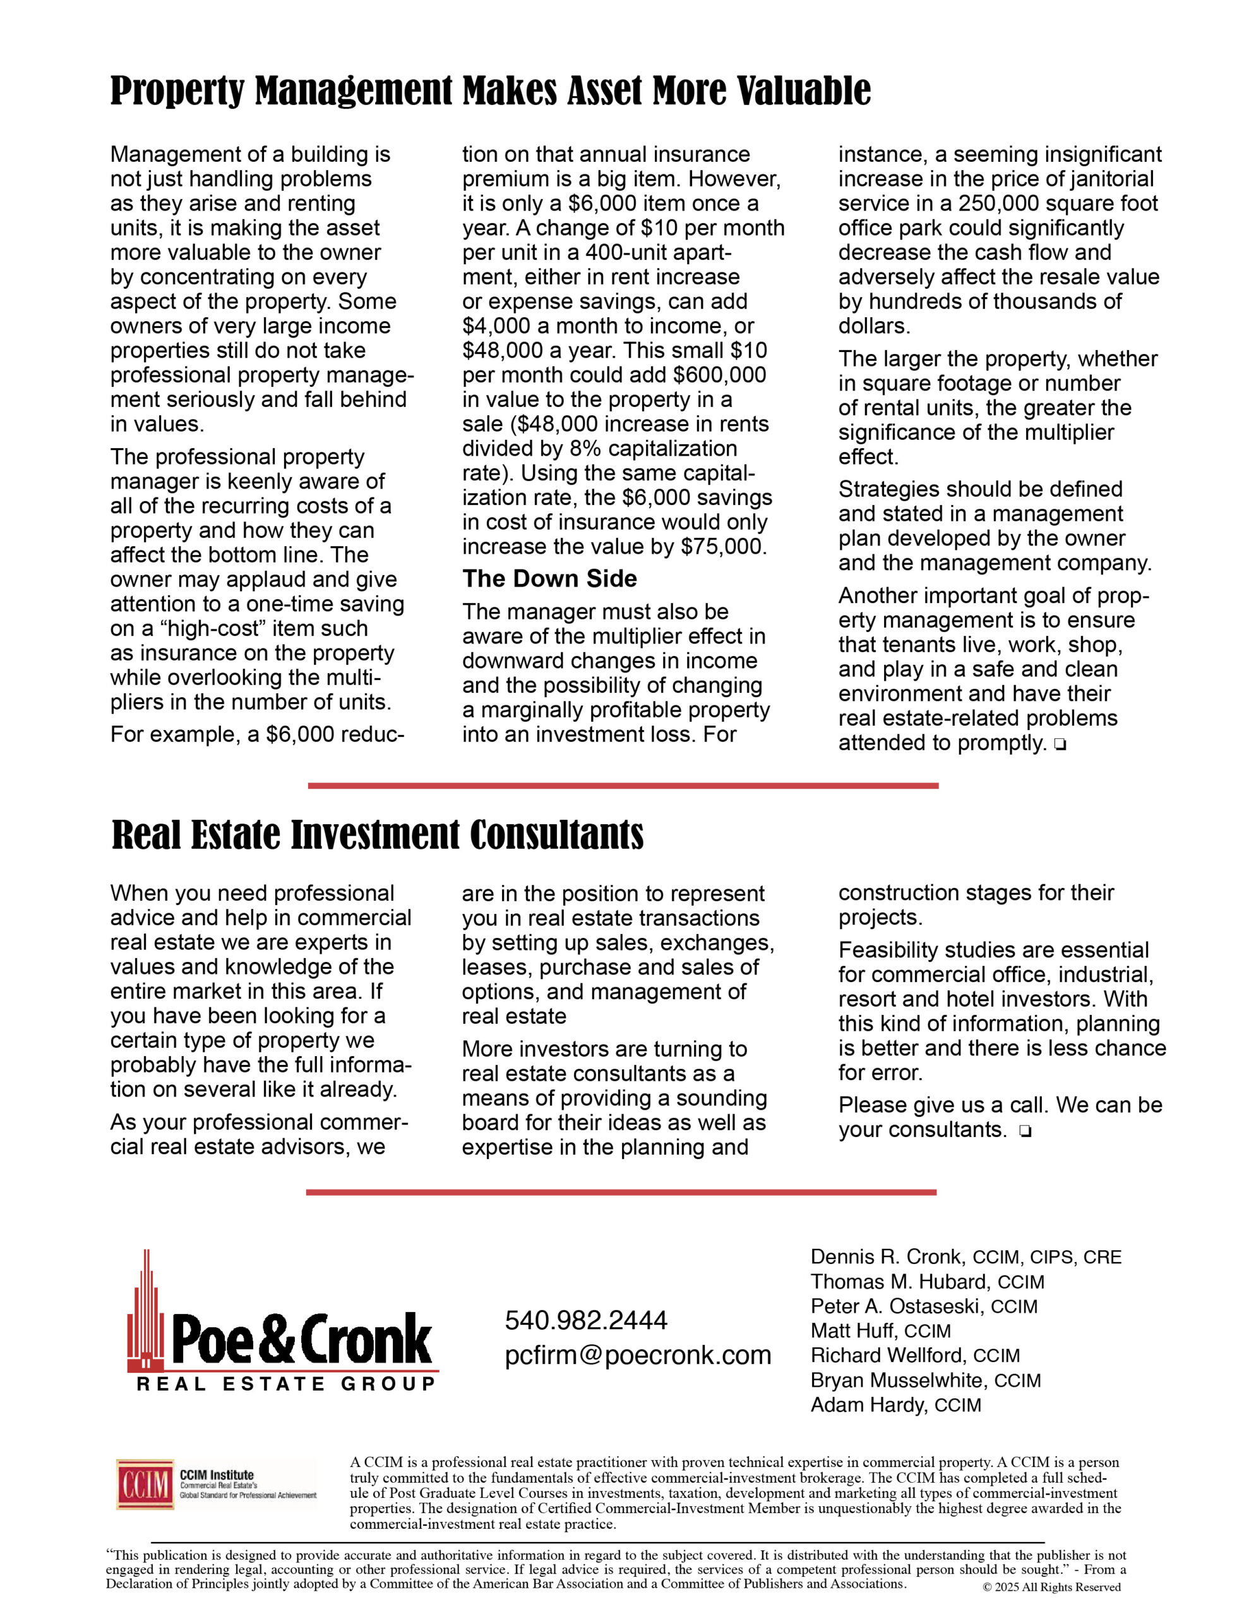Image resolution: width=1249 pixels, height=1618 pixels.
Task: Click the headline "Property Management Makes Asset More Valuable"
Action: (490, 91)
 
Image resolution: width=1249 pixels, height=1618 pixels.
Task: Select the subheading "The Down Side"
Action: (549, 578)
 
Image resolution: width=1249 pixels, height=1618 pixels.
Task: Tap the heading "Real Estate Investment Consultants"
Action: (378, 835)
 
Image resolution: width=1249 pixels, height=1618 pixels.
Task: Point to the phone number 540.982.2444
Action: (585, 1320)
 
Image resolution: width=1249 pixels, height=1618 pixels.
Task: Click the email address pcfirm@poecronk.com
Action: (638, 1355)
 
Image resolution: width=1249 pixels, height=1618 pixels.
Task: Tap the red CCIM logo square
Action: (145, 1485)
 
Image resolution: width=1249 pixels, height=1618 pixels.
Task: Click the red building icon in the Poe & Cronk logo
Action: (146, 1313)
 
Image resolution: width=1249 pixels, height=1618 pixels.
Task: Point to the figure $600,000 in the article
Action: (720, 375)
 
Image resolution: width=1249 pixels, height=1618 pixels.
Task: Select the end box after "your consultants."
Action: (1025, 1131)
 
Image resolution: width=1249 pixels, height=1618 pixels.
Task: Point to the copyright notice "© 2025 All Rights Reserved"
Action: (1051, 1587)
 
